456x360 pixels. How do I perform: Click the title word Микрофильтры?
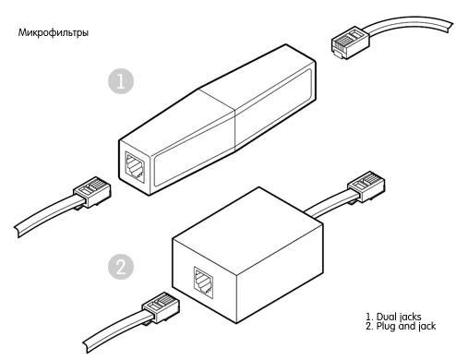coord(54,32)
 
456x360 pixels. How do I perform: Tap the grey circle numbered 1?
coord(121,81)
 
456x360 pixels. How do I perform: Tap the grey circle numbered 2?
coord(121,267)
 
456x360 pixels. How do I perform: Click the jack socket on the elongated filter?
coord(135,166)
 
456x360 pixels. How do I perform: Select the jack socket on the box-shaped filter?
coord(203,282)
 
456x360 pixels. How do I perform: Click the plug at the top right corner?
coord(350,42)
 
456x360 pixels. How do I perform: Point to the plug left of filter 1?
coord(92,193)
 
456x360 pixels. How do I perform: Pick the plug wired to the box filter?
coord(366,187)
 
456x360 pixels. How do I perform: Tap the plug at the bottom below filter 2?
coord(161,308)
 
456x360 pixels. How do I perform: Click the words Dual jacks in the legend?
coord(399,317)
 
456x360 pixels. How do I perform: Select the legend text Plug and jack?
coord(406,326)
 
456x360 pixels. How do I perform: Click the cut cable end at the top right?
coord(451,25)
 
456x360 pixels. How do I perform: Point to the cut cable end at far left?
coord(18,232)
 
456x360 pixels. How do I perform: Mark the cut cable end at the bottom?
coord(86,347)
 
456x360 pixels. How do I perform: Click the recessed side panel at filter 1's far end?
coord(274,108)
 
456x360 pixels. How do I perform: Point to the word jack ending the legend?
coord(426,326)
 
